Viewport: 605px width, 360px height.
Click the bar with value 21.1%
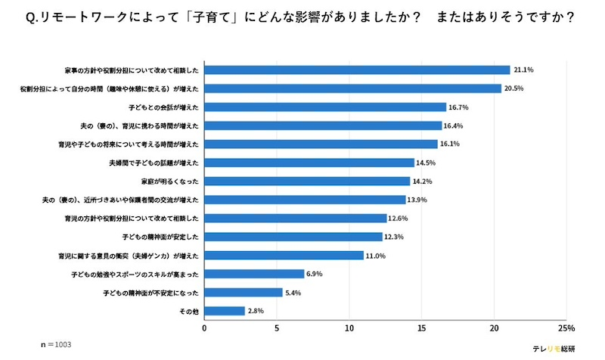point(357,70)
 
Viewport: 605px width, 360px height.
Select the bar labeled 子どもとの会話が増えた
point(325,107)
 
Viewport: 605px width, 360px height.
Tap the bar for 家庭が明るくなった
point(307,182)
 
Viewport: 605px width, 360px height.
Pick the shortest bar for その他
point(225,311)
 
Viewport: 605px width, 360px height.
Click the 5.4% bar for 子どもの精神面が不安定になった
point(244,292)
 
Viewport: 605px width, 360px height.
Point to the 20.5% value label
point(514,88)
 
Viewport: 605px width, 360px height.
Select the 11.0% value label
point(376,256)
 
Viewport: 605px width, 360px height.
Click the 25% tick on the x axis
point(566,329)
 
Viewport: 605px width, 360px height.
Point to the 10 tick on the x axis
point(349,329)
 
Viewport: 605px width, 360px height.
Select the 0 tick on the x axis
point(205,329)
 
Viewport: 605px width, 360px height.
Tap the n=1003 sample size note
point(56,345)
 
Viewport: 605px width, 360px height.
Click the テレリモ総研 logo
point(554,348)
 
